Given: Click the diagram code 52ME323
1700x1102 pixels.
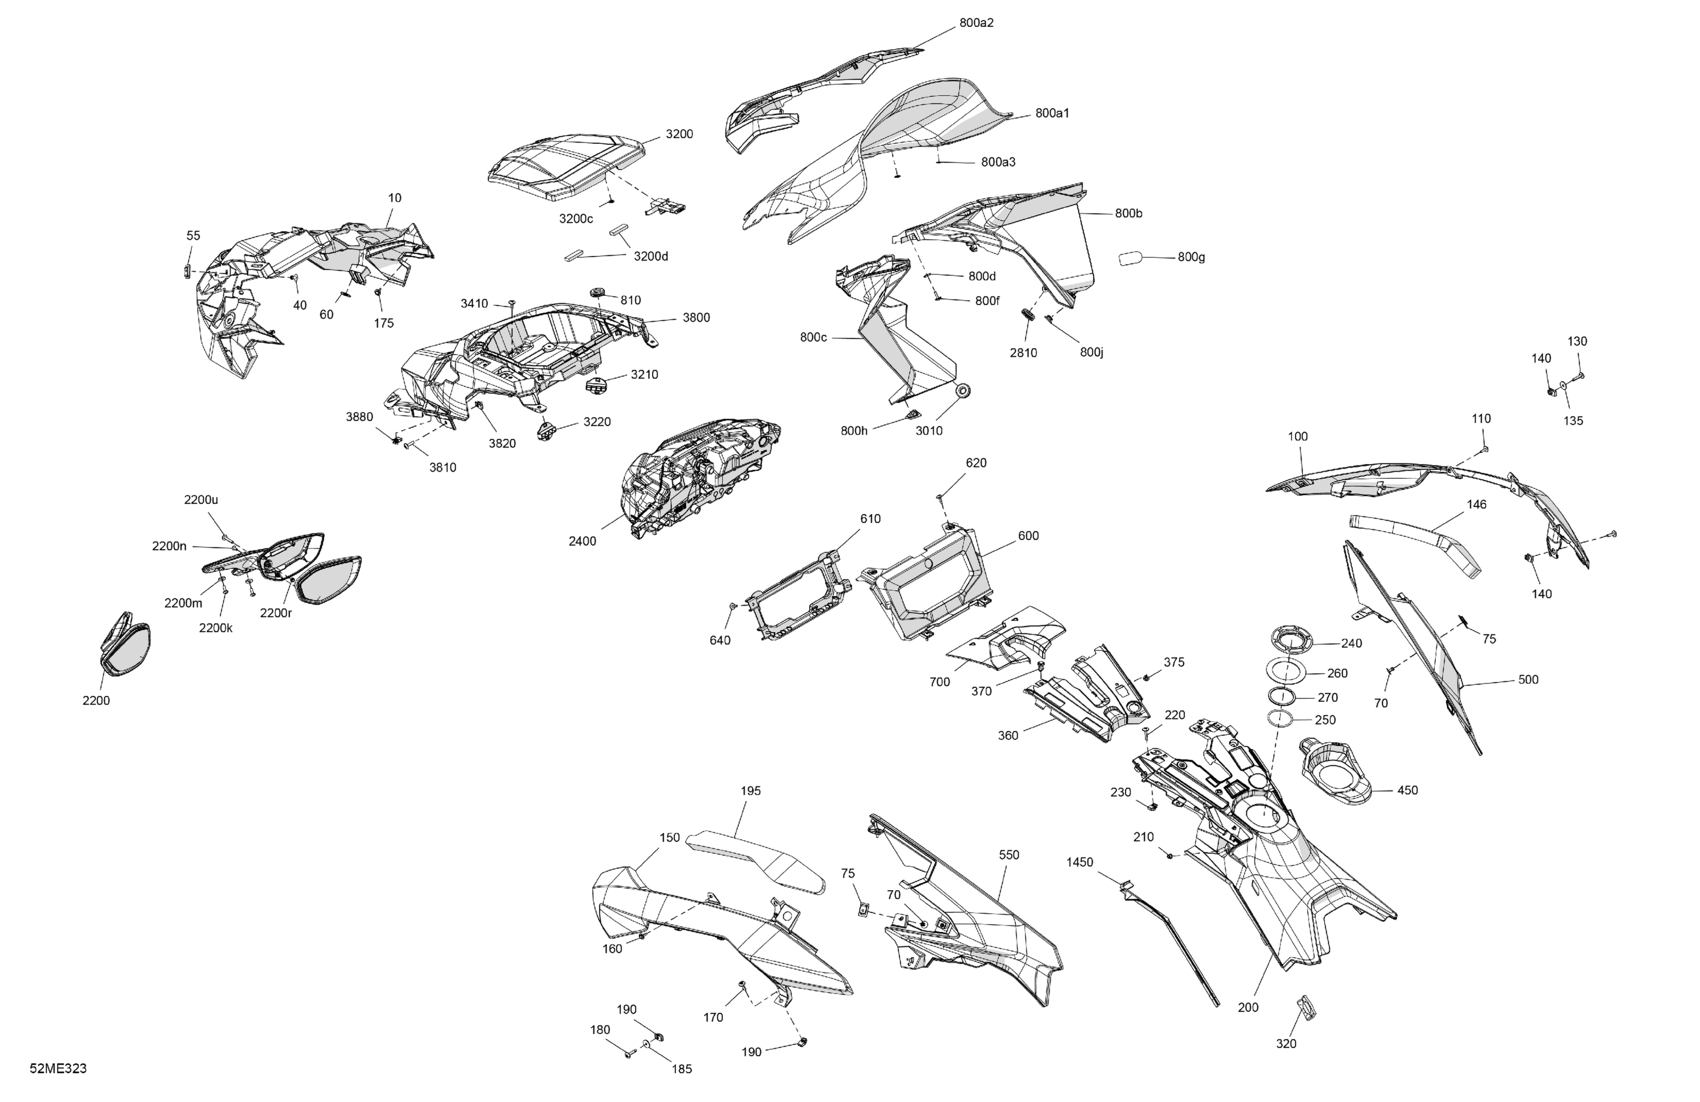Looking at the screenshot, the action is (58, 1069).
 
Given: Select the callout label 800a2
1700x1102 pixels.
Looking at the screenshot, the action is (976, 23).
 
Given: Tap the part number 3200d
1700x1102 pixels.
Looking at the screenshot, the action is (651, 257).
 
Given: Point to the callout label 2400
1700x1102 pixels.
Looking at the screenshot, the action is (582, 541).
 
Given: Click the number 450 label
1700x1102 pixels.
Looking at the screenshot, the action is (1407, 790).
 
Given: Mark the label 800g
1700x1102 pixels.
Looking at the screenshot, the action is (1192, 257).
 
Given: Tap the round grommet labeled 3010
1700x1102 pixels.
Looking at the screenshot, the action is (963, 392).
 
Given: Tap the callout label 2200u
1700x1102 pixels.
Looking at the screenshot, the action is (201, 500).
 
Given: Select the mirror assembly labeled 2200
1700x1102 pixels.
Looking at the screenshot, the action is (125, 644).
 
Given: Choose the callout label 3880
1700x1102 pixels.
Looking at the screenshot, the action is (359, 417).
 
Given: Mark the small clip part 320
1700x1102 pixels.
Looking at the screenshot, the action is (1306, 1006).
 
